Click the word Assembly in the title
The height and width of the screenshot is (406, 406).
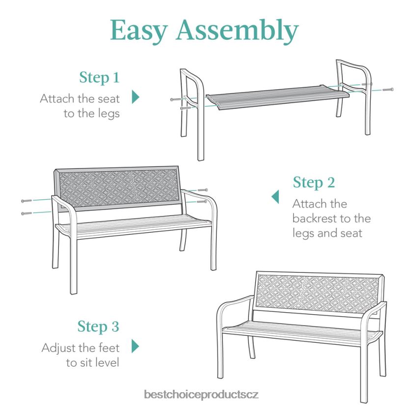click(x=237, y=30)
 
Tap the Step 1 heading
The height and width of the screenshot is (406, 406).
click(x=99, y=78)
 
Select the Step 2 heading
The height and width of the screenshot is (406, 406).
click(x=314, y=183)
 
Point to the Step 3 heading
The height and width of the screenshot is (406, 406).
click(x=98, y=326)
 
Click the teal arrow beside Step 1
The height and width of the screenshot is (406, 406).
click(x=135, y=97)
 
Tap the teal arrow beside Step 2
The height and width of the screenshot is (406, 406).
click(x=275, y=197)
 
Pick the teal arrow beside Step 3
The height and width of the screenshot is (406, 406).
click(x=135, y=346)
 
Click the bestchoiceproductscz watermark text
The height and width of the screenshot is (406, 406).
click(x=201, y=395)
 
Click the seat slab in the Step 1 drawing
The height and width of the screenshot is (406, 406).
click(x=277, y=97)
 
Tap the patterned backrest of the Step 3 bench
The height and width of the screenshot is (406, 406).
click(x=319, y=294)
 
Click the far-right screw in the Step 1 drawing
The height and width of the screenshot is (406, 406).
click(x=388, y=89)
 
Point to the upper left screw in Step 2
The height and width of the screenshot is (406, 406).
click(x=27, y=201)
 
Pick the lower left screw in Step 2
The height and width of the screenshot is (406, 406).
click(x=27, y=214)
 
